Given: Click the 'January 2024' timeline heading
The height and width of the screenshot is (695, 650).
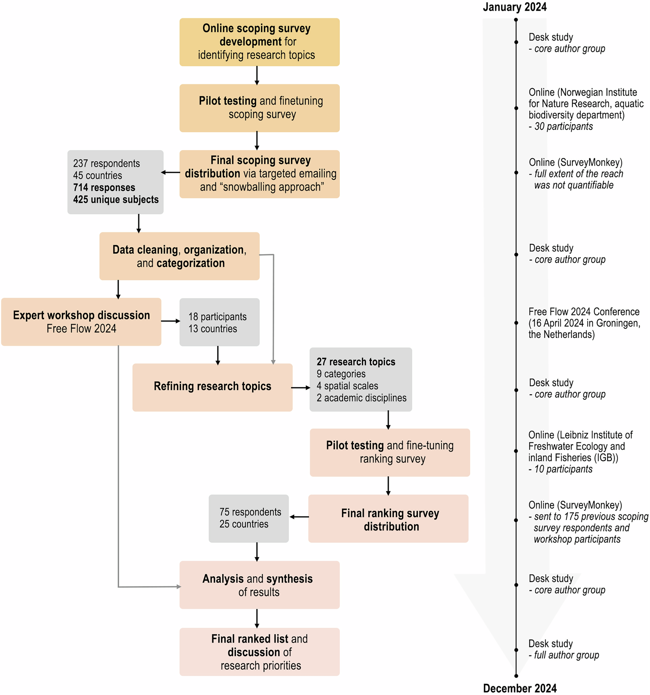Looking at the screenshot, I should coord(514,7).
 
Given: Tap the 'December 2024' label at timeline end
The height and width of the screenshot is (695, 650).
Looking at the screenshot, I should coord(520,688).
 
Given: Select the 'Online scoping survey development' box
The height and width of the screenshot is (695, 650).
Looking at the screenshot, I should coord(259,42).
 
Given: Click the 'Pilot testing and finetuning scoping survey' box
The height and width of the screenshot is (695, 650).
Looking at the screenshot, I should coord(259,108).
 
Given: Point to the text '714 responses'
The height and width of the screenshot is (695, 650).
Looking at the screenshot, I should coord(104,188).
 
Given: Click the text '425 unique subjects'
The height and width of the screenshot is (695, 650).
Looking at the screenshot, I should coord(116,199).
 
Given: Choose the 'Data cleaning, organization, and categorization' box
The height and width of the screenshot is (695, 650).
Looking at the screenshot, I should coord(179,256).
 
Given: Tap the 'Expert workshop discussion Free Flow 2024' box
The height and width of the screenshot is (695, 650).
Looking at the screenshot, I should coord(81,322).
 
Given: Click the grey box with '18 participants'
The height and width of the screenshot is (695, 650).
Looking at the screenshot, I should coord(219,322).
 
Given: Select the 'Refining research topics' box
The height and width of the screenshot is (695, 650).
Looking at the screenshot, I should coord(212,387).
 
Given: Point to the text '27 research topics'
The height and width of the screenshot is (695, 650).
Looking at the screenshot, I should coord(356,362).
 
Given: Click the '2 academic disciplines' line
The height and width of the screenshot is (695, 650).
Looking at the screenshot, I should coord(361,398).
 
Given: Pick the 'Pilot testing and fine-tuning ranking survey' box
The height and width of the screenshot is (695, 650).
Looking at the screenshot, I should coord(390,452).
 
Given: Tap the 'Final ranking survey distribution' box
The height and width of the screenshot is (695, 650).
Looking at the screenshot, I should coord(388,519).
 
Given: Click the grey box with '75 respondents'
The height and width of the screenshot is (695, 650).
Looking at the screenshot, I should coord(248,518).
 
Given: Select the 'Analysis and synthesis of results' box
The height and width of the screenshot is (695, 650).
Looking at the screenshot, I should coord(259,585).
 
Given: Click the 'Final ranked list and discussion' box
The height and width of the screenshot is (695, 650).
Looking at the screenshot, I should coord(259,652).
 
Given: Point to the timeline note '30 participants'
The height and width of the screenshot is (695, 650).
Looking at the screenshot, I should coord(563,126).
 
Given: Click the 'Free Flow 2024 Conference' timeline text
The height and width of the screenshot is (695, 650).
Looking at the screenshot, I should coord(584,312).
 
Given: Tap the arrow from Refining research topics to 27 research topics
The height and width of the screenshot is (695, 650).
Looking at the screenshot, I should coord(301,387).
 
